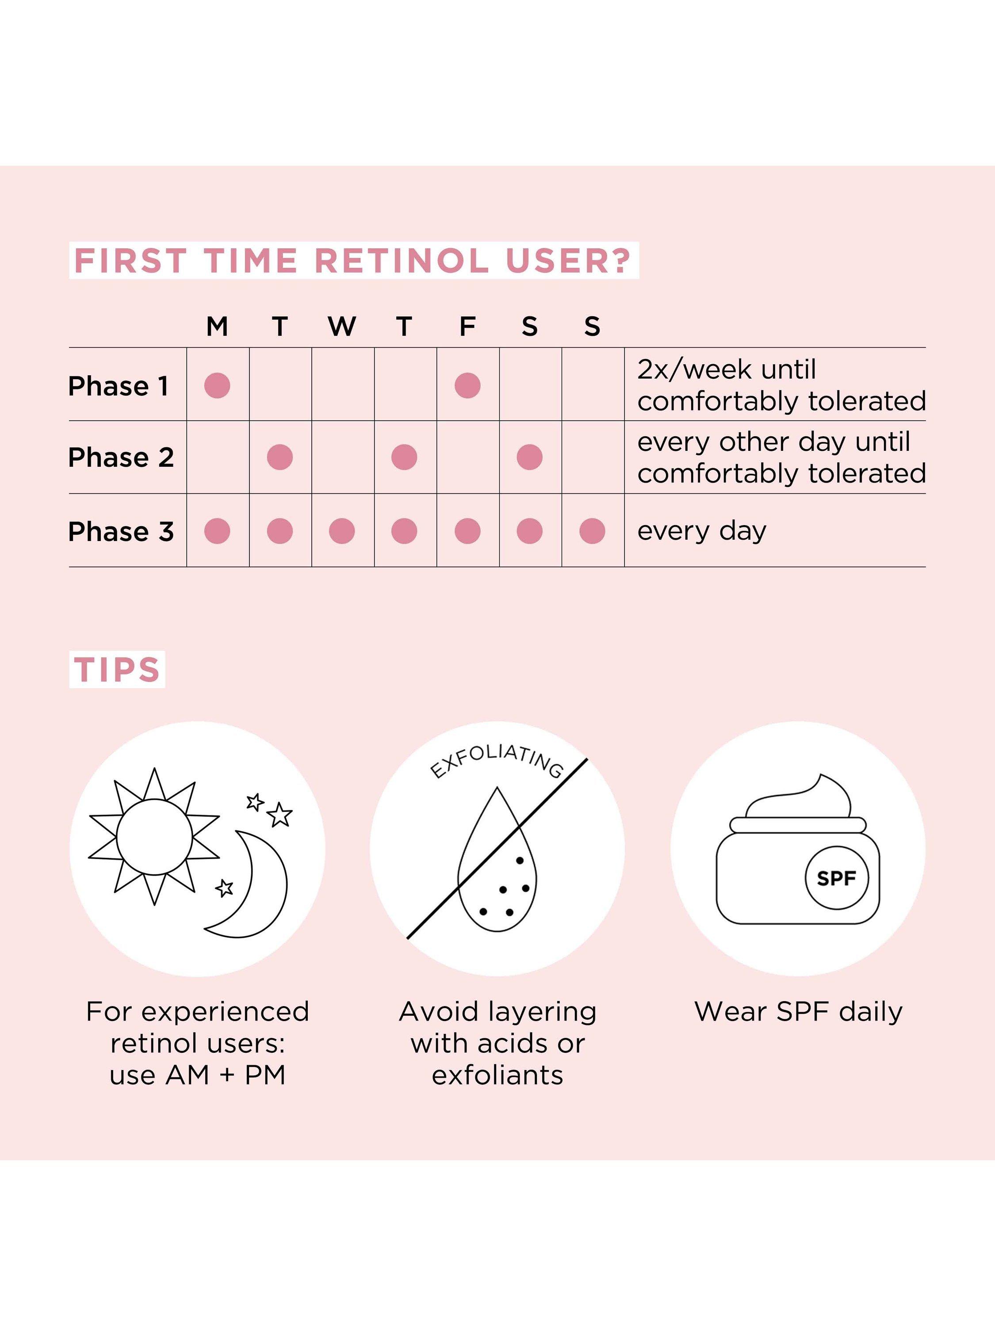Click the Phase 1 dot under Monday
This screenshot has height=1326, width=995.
(217, 385)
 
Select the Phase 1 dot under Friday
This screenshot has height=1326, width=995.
(467, 385)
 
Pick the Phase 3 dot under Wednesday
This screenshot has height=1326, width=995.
(342, 531)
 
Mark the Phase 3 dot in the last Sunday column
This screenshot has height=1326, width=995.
(592, 531)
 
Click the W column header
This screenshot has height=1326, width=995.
(342, 327)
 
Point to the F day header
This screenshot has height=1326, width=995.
(467, 327)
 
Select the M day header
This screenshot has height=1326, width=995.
(217, 327)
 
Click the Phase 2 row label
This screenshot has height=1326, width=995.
(121, 457)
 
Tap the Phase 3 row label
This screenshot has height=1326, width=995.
(121, 531)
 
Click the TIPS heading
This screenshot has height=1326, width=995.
(117, 670)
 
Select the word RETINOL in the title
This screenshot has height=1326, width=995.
(401, 261)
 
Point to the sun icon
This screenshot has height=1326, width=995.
(154, 837)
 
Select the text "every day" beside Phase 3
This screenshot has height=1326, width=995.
(702, 532)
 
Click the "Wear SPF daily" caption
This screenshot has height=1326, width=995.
(798, 1012)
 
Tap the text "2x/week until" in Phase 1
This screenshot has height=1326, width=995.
(726, 370)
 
